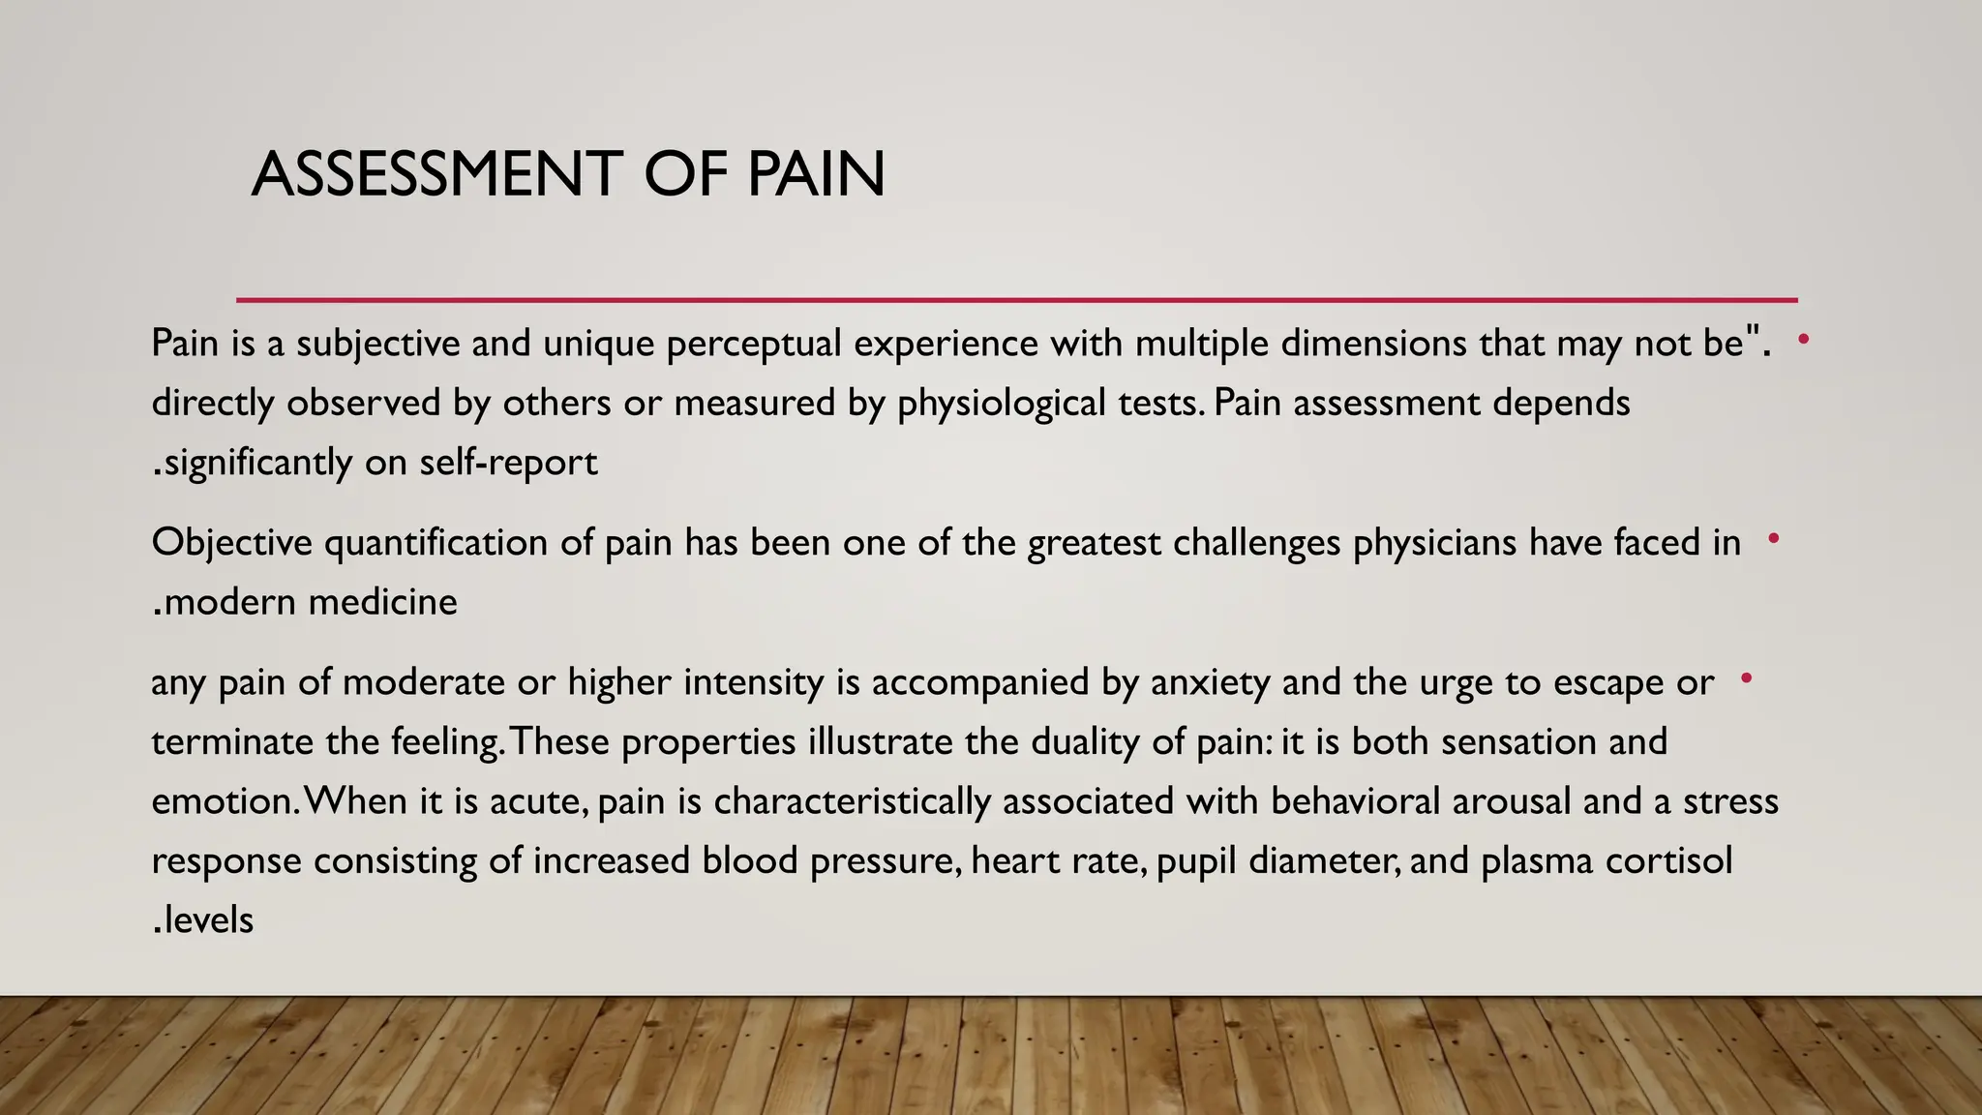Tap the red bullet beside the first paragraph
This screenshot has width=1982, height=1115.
1803,339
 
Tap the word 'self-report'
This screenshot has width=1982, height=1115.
508,463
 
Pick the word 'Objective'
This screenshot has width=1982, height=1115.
231,543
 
